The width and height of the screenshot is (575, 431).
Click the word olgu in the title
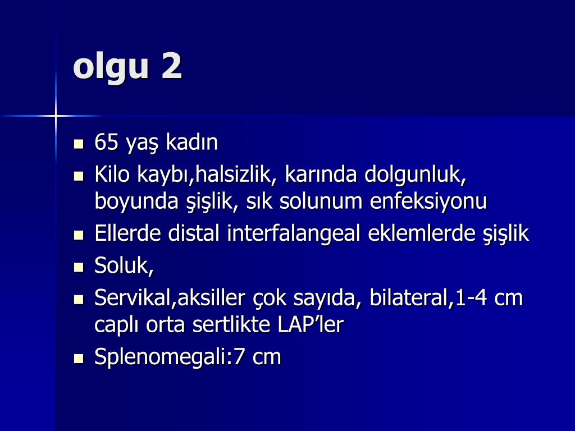click(x=109, y=68)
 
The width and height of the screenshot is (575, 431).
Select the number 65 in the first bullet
click(x=107, y=143)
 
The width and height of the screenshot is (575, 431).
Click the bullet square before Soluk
click(x=79, y=267)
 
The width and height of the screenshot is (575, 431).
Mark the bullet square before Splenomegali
click(x=79, y=358)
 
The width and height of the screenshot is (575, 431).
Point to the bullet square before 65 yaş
click(x=79, y=144)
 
